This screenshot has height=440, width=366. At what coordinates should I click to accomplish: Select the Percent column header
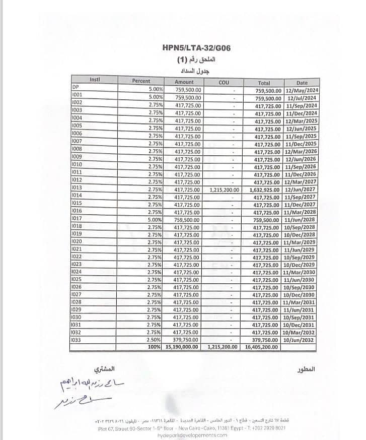141,81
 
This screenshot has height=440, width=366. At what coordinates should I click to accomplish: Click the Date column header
302,83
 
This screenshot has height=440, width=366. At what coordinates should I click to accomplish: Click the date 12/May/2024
301,90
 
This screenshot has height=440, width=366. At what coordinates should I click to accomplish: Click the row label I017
77,218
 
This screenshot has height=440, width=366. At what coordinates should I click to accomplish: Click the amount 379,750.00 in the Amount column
187,340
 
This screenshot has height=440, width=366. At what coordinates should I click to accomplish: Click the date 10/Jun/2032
300,340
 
